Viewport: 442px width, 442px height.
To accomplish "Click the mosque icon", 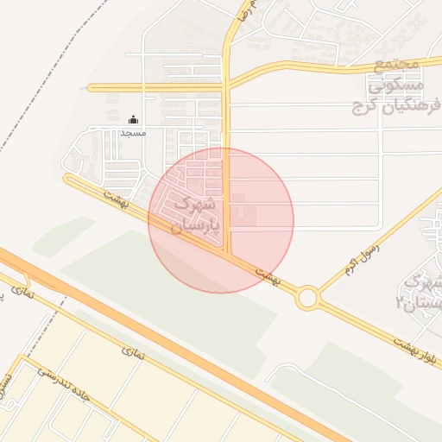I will point(133,120).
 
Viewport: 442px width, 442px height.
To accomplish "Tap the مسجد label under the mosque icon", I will point(134,133).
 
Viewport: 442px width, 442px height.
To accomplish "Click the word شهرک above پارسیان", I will point(192,206).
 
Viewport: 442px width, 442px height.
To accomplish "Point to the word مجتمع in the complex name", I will point(397,66).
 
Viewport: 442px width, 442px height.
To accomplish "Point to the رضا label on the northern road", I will point(246,13).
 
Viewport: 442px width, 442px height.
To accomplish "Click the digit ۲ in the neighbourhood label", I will point(399,302).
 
